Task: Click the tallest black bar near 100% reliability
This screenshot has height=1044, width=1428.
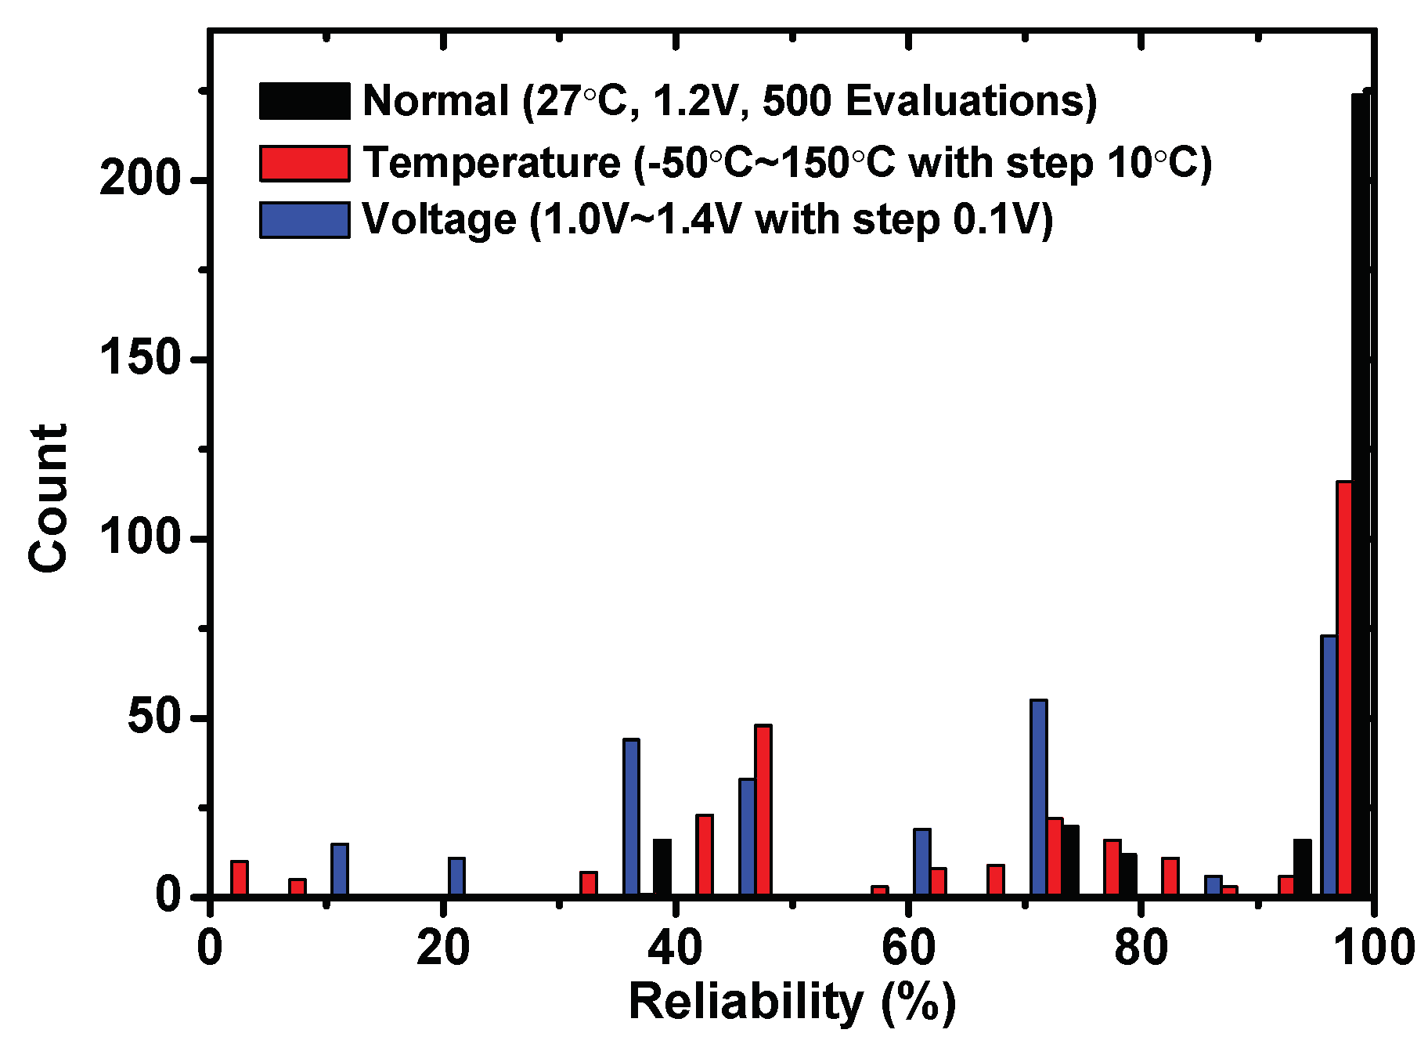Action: click(x=1361, y=495)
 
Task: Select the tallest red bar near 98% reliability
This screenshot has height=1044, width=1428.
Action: click(x=1344, y=688)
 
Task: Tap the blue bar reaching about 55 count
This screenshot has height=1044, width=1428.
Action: click(x=1039, y=798)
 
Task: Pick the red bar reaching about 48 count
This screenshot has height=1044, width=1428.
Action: click(x=763, y=811)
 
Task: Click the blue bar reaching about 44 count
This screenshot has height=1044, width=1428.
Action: click(x=631, y=818)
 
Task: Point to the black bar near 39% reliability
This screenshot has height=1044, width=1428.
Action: click(x=662, y=868)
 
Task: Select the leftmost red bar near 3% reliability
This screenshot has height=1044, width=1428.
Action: click(x=240, y=879)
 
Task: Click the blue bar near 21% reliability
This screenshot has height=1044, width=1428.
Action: click(x=456, y=877)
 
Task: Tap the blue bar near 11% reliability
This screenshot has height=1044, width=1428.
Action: click(x=340, y=870)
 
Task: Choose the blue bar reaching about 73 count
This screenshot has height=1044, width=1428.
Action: click(x=1329, y=766)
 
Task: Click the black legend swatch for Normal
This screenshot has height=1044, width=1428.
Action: click(x=305, y=101)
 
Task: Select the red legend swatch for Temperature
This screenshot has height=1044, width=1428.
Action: click(x=305, y=163)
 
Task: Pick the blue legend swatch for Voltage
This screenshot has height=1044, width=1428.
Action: click(x=305, y=219)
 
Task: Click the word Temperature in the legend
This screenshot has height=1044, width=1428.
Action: click(x=492, y=164)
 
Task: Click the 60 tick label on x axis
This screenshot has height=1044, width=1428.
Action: click(x=908, y=948)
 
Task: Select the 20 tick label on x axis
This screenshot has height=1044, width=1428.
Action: click(x=443, y=948)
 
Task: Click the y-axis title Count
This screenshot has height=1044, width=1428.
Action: click(x=49, y=499)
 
